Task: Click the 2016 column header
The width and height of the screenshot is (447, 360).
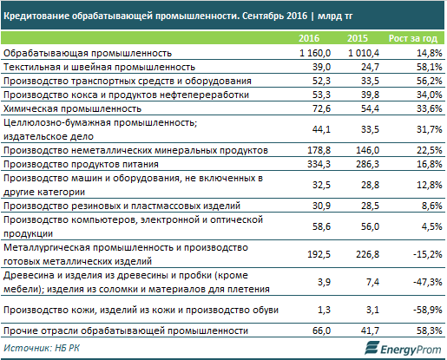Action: pos(309,38)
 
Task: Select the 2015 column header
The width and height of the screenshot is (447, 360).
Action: pos(358,38)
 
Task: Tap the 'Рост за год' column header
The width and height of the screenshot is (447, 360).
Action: pos(413,38)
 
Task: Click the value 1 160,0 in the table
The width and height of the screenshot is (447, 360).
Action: pos(315,53)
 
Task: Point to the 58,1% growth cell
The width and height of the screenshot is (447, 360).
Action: pos(430,67)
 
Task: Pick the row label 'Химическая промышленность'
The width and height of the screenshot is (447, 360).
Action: pos(72,108)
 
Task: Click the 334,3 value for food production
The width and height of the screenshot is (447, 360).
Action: pos(319,164)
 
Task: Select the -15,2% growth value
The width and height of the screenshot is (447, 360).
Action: pos(428,254)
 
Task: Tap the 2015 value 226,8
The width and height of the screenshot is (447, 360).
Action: pos(367,254)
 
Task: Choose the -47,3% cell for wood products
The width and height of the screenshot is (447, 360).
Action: pos(428,282)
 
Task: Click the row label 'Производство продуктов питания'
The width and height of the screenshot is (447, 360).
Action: pos(81,164)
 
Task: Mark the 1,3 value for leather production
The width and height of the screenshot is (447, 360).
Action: pos(324,310)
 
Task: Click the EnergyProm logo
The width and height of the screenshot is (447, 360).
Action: pos(403,348)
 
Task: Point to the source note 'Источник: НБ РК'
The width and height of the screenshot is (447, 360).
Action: pos(42,348)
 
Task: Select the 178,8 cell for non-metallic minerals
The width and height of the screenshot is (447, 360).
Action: pos(319,150)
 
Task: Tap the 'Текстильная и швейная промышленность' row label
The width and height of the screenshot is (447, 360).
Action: pos(99,67)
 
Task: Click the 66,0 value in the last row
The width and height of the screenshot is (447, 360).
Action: pos(321,331)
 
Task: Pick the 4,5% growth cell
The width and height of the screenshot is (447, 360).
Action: pos(432,226)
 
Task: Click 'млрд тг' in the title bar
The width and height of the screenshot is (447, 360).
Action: pos(335,16)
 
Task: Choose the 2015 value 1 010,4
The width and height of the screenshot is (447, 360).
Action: pos(364,53)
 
